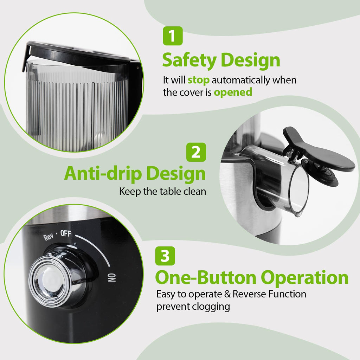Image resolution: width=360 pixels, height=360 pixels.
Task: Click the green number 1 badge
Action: (x=173, y=36)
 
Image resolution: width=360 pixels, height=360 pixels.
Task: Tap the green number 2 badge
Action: (x=196, y=152)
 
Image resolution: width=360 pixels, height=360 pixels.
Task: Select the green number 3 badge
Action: (x=165, y=256)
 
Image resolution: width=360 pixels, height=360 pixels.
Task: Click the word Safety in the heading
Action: (x=189, y=60)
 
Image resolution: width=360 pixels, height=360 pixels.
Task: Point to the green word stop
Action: (x=199, y=80)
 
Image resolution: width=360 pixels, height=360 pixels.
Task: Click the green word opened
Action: (x=233, y=92)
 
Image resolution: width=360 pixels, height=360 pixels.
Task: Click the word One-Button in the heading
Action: (x=205, y=278)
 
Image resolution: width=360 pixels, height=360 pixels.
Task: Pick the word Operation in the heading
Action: (x=305, y=278)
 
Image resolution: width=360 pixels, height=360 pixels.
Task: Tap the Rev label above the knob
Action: (x=48, y=237)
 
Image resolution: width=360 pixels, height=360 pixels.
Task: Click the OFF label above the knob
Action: (x=66, y=233)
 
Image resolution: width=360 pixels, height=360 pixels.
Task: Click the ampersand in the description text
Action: (x=227, y=294)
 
